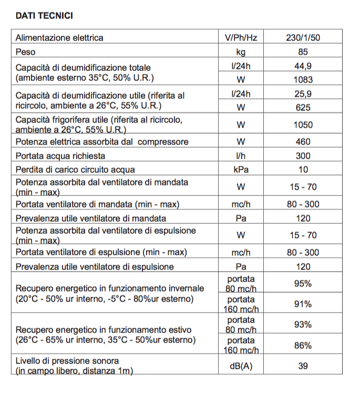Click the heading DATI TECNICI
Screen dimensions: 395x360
[x=44, y=16]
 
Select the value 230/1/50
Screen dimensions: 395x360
[x=303, y=38]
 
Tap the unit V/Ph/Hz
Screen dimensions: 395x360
[x=241, y=38]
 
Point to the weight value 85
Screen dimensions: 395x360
[x=303, y=52]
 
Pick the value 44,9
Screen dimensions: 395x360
[x=303, y=66]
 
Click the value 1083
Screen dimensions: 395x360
[x=303, y=80]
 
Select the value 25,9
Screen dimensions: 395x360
[x=303, y=94]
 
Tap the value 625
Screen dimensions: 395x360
[x=303, y=108]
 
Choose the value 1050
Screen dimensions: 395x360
[x=303, y=125]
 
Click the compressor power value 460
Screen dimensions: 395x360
[x=303, y=142]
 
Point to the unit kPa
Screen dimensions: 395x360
[x=241, y=170]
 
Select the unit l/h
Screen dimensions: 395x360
[x=241, y=156]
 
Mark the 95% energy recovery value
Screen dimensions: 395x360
[x=303, y=284]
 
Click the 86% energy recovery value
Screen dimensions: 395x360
[x=303, y=346]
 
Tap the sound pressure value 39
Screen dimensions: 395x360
[x=303, y=366]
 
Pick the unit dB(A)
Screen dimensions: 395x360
[x=241, y=366]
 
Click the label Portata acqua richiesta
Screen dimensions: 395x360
[x=60, y=156]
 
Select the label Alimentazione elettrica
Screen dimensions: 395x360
[x=59, y=38]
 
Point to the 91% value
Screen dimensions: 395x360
[x=303, y=304]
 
